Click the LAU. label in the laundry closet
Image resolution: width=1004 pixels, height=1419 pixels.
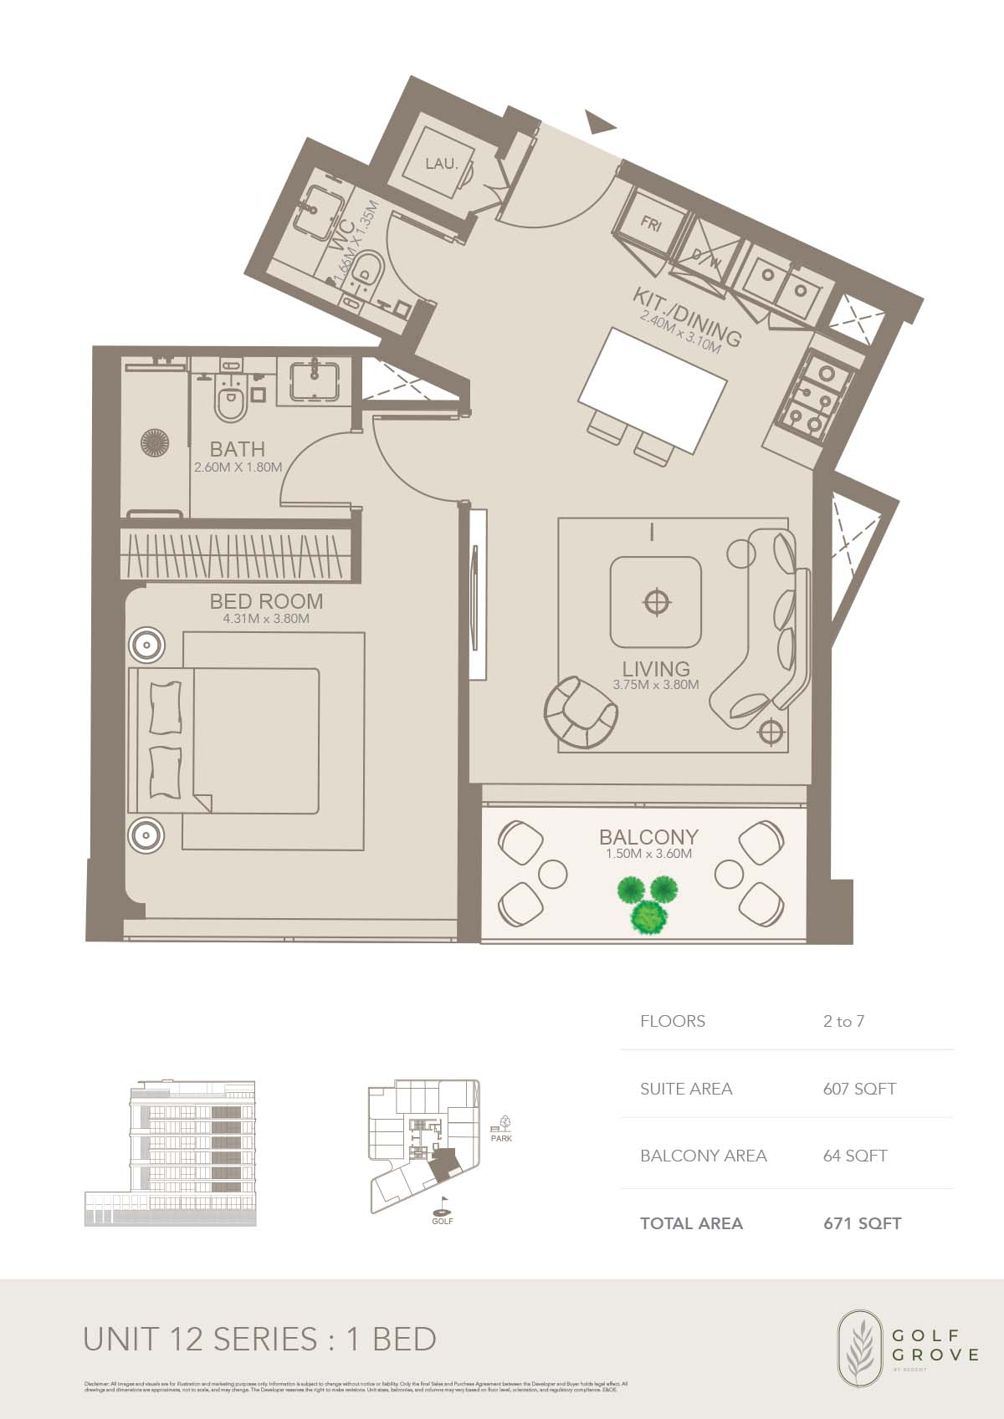pos(441,164)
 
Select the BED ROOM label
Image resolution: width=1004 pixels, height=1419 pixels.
pos(266,601)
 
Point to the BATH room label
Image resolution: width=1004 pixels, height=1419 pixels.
pos(238,449)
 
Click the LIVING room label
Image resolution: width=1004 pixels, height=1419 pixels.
pos(656,669)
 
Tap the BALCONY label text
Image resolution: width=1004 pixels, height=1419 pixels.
pos(648,837)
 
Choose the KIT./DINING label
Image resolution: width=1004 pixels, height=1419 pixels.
pos(687,317)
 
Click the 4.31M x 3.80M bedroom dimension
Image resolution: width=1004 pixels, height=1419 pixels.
pos(266,620)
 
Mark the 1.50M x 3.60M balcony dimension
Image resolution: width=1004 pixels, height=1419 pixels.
pos(648,855)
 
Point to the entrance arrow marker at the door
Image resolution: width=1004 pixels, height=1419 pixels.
pos(599,123)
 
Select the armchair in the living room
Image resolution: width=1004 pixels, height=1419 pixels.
pos(580,712)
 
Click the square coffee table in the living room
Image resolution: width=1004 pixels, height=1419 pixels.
pos(655,602)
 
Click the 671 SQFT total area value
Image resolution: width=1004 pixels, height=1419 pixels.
pos(863,1223)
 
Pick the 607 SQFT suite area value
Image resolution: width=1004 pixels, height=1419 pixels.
pos(859,1089)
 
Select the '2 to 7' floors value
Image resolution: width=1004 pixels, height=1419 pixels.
pos(843,1021)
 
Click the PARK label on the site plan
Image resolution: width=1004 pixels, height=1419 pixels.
pos(502,1138)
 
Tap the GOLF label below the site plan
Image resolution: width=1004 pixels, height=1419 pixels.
pos(443,1221)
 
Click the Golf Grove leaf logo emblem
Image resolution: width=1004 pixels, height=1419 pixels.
pos(861,1347)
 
